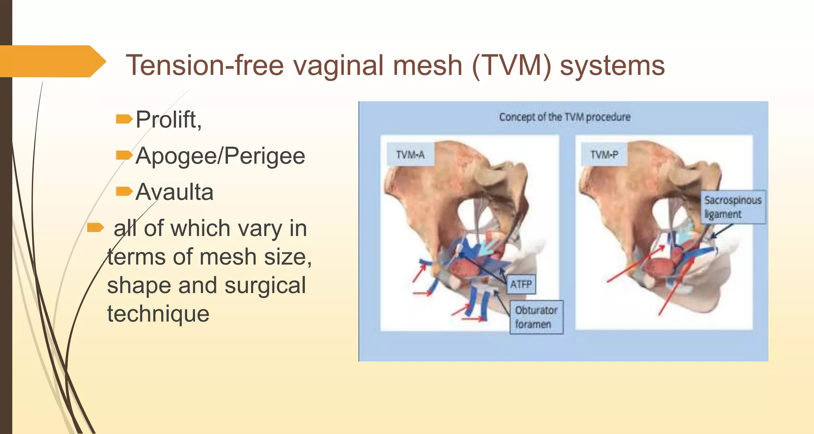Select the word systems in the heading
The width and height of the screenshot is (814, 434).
point(612,66)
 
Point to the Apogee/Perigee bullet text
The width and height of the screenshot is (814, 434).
point(220,156)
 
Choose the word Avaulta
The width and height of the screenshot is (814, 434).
point(174,192)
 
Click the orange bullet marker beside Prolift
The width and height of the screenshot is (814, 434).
point(124,119)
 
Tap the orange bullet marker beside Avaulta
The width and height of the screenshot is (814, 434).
point(124,192)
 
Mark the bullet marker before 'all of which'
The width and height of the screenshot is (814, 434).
point(95,228)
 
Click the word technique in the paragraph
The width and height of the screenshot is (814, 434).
point(158,314)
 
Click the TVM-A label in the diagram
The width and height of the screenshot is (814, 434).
point(410,154)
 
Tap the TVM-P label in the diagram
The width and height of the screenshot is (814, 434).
point(604,154)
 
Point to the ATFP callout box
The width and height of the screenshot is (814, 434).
point(521,284)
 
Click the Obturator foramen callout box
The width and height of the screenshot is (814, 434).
point(536,317)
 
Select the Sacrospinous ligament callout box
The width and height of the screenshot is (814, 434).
point(733,207)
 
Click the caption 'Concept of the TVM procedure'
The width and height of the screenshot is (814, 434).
point(564,117)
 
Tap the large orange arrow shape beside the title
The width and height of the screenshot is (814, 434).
point(52,61)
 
